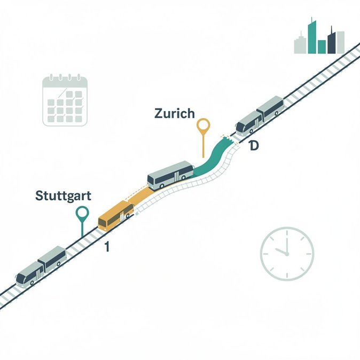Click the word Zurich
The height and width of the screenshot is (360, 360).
(175, 113)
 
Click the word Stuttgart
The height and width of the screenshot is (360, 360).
(63, 197)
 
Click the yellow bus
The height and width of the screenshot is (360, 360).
(116, 215)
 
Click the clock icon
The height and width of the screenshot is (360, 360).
(287, 254)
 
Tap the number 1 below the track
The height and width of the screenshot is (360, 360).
(107, 247)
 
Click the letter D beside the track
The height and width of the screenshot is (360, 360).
(254, 146)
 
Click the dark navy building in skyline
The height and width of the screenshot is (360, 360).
(331, 41)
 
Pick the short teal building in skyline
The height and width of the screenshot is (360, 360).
(322, 47)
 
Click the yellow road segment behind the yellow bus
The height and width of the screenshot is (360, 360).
(140, 195)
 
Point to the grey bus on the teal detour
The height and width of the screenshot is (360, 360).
(170, 175)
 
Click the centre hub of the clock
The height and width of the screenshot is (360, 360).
(287, 254)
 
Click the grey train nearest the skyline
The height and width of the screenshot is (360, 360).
(260, 116)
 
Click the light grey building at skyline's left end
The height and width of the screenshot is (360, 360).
(300, 45)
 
